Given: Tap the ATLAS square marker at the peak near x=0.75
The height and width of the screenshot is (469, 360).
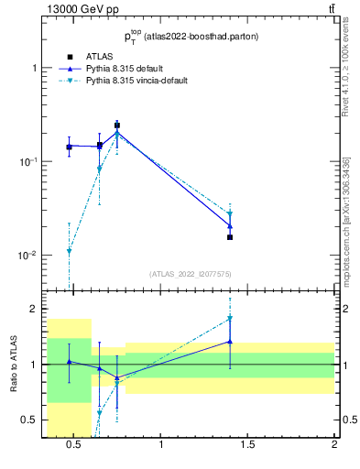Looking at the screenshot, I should [117, 125].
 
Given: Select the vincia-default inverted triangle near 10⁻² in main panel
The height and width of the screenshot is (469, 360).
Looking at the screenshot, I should [69, 252].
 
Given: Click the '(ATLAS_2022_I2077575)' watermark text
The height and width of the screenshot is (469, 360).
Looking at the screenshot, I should [191, 273].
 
